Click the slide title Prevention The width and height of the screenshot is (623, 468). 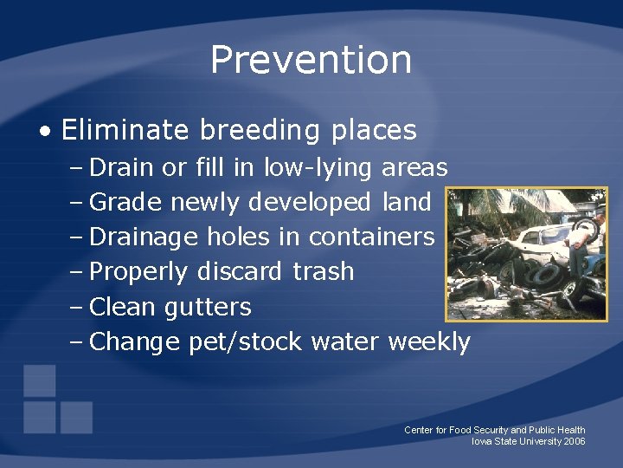[x=311, y=60]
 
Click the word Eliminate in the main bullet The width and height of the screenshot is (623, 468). [x=125, y=130]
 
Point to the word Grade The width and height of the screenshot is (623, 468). [x=125, y=202]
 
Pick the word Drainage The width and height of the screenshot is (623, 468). [x=144, y=237]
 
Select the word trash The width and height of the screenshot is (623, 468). [x=323, y=272]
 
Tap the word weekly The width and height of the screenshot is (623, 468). [x=429, y=342]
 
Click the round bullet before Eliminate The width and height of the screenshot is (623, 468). [x=44, y=132]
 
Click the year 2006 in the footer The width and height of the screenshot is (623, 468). [x=574, y=441]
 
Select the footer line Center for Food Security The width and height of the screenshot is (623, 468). [x=494, y=430]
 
